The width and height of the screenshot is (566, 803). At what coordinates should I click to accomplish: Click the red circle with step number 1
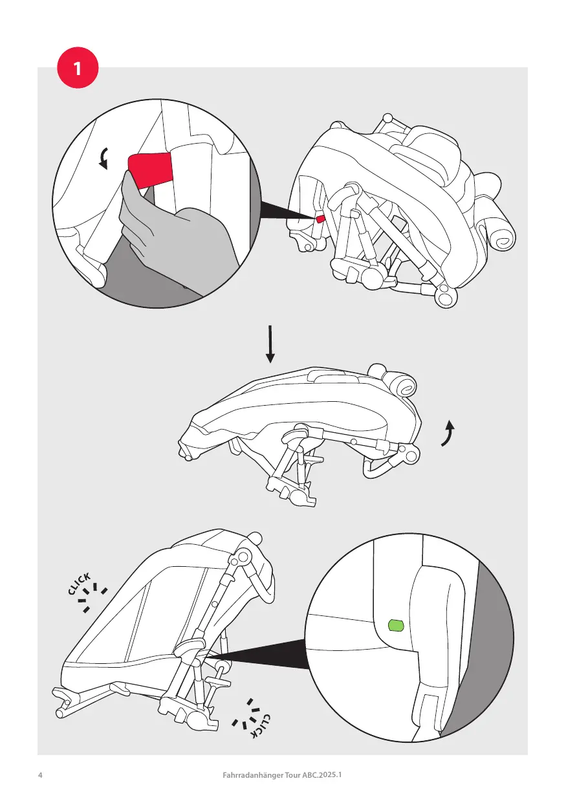coord(78,69)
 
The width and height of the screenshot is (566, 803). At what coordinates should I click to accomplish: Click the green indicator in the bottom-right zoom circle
coord(395,625)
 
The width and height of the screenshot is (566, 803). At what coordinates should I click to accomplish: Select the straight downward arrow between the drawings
coord(270,344)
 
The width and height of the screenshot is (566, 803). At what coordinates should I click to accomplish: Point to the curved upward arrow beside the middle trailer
coord(447,433)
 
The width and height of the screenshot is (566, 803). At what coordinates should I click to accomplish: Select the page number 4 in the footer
coord(40,775)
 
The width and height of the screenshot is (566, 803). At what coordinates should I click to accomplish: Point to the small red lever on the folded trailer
coord(320,219)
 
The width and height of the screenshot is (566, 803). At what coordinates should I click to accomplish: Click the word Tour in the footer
coord(288,775)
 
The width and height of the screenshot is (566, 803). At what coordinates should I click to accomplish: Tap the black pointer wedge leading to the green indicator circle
coord(265,660)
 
